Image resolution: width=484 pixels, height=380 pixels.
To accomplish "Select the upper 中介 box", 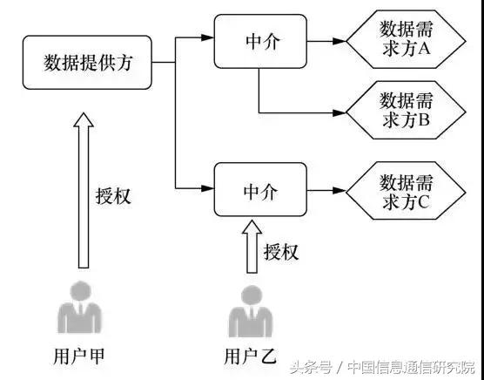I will [259, 40].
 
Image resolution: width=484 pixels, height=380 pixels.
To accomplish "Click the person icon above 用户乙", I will [248, 314].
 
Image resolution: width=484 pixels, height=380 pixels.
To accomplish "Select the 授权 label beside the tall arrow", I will [112, 194].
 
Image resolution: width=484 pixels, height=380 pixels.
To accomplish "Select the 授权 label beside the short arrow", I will [280, 252].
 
